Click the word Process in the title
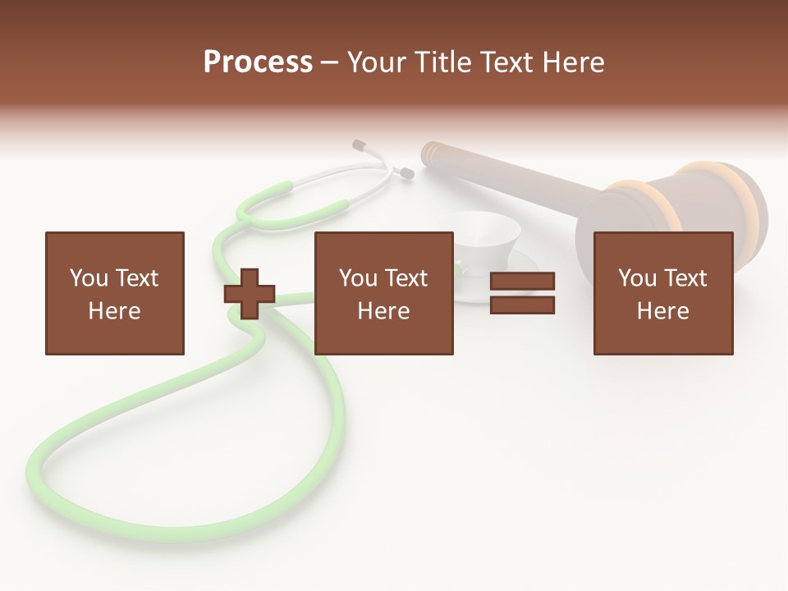coord(258,62)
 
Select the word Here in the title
coord(574,62)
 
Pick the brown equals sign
coord(522,293)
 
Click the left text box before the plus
coord(114,293)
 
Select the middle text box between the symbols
coord(383,293)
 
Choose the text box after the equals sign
coord(663,293)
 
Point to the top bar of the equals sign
coord(522,282)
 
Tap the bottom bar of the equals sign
coord(522,305)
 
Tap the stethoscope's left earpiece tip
coord(359,145)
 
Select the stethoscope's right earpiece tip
coord(405,172)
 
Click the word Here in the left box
coord(114,311)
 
